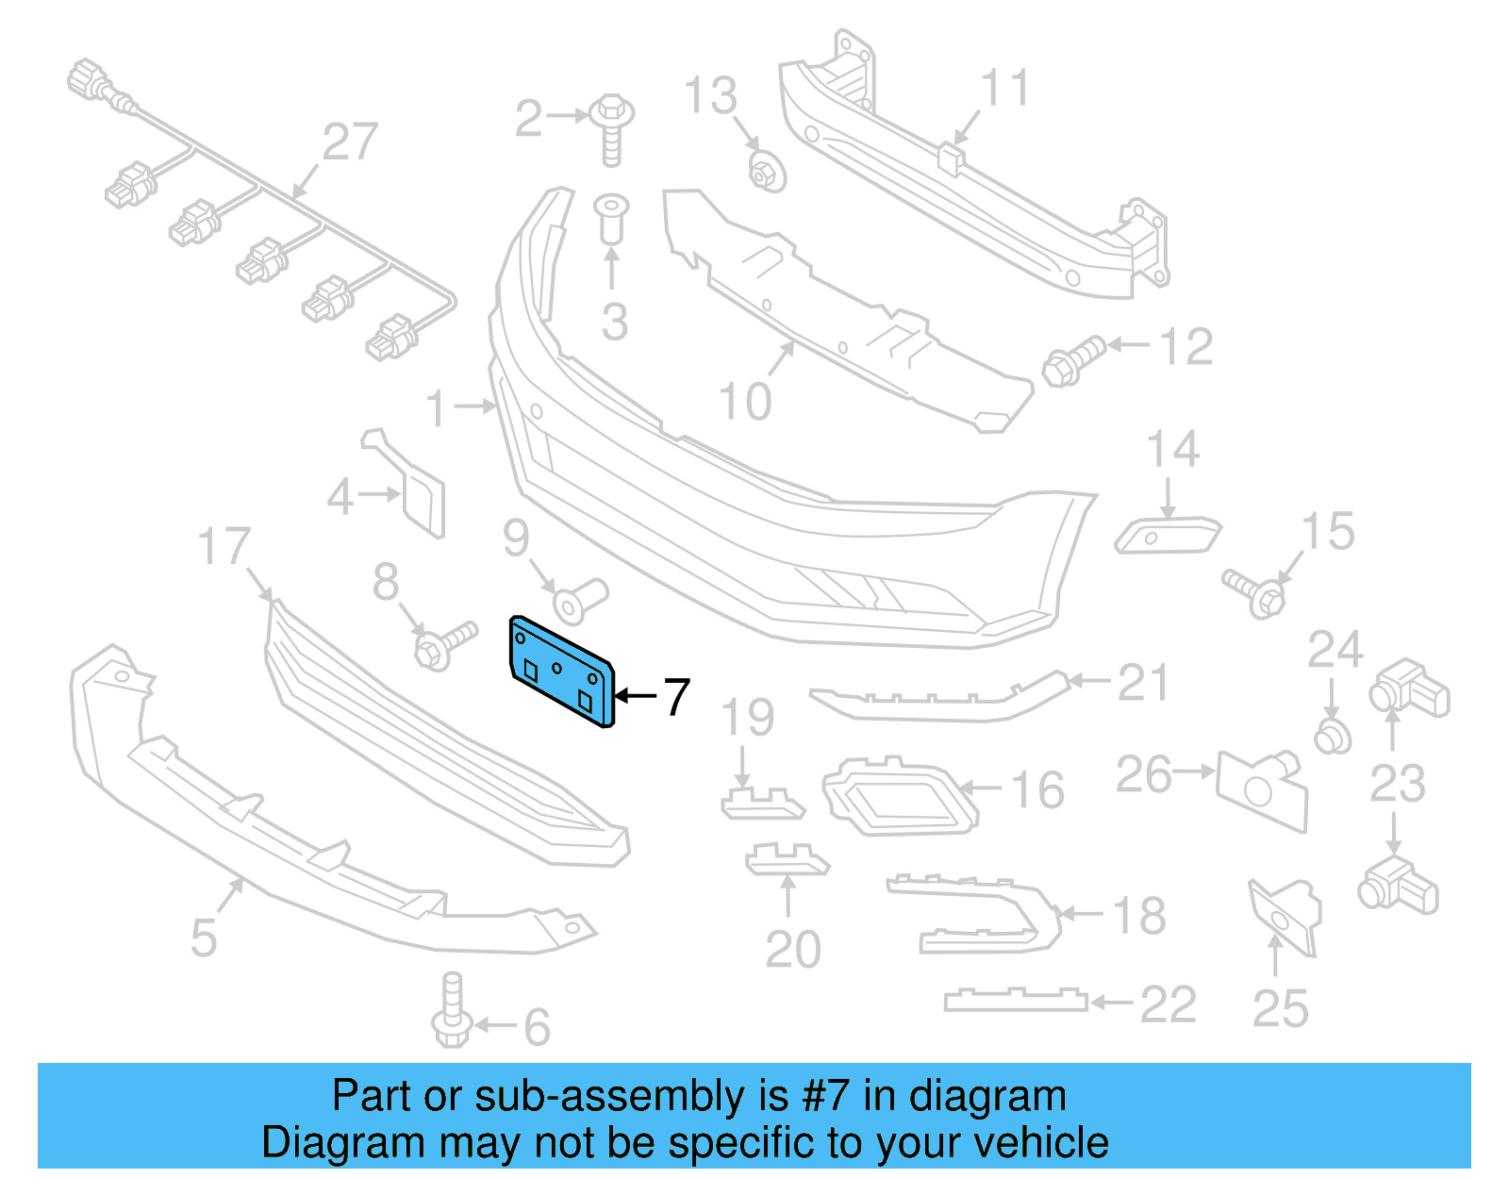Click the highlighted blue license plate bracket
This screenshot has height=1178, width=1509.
[560, 671]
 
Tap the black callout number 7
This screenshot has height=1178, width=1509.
[676, 698]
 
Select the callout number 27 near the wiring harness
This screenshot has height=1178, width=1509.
[349, 142]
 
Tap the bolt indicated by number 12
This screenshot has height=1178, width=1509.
[1072, 359]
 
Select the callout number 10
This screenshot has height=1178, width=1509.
[745, 402]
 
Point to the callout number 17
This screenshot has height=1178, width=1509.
[224, 547]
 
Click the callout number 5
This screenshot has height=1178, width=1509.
[204, 937]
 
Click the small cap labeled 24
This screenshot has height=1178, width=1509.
[1332, 737]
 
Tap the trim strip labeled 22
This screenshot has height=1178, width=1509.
[1015, 1000]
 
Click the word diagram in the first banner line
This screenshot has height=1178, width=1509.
[987, 1096]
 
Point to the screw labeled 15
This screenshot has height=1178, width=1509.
[1255, 592]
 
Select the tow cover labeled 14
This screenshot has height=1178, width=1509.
[1168, 536]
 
